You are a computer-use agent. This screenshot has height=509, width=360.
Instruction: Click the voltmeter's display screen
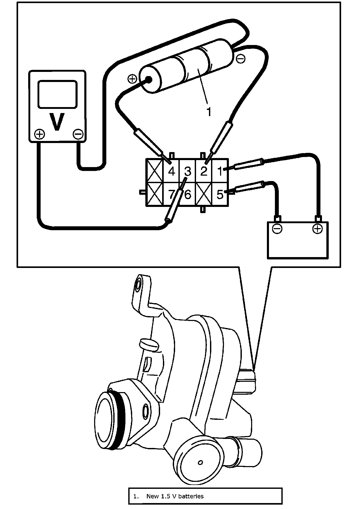click(x=57, y=94)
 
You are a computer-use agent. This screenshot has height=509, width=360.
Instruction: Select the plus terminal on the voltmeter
click(x=40, y=134)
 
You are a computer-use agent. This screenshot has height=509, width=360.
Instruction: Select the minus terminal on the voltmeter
click(x=78, y=134)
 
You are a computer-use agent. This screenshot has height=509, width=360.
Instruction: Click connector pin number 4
click(x=171, y=171)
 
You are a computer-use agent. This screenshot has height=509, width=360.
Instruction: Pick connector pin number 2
click(x=204, y=171)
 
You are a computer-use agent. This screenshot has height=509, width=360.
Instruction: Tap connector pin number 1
click(x=220, y=171)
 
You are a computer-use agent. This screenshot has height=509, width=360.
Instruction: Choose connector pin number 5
click(x=220, y=194)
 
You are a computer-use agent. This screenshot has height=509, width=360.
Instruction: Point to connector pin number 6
click(x=188, y=194)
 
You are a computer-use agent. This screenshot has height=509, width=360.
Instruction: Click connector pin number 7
click(x=171, y=194)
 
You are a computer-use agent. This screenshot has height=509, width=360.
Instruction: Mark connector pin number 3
click(x=188, y=171)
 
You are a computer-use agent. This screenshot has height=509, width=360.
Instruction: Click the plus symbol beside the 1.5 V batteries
click(x=132, y=79)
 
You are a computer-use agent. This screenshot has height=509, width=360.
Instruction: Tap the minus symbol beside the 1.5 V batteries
click(x=241, y=59)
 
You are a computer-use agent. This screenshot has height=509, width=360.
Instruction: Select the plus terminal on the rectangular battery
click(x=317, y=229)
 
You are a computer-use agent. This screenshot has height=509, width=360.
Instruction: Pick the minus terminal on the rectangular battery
click(x=277, y=229)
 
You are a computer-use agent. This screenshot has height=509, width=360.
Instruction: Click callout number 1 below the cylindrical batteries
click(x=209, y=112)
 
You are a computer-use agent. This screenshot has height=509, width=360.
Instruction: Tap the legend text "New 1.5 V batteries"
click(x=175, y=496)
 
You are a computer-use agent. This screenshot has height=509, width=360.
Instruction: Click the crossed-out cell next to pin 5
click(x=204, y=194)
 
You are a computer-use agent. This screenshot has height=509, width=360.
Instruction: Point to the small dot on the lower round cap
click(x=200, y=462)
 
